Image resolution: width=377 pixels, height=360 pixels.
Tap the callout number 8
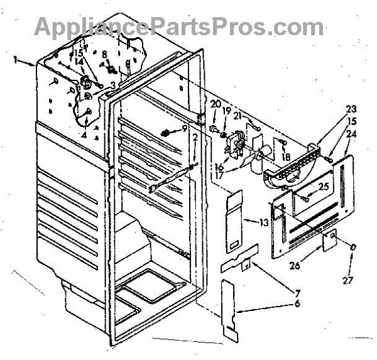point(105,55)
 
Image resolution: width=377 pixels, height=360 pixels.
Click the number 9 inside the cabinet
point(185,128)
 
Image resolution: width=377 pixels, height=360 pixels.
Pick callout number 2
point(195,138)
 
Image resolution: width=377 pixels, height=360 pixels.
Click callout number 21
point(237,116)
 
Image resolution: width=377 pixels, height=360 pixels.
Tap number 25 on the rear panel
point(324,187)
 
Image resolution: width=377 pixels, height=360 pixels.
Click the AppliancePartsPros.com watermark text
point(179,26)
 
